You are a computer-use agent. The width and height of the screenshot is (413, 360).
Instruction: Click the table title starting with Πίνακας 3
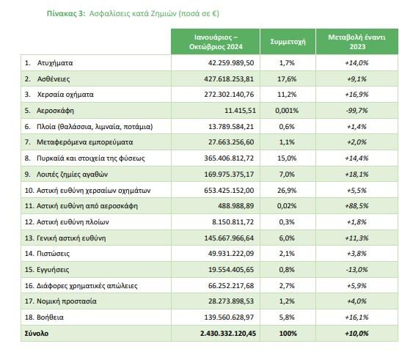tap(133, 13)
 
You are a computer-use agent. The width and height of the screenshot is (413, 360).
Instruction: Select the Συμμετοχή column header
tap(288, 42)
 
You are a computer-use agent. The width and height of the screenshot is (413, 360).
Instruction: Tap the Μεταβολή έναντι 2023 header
tap(357, 42)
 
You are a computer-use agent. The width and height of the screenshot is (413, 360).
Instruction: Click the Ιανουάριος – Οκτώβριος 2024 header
tap(216, 42)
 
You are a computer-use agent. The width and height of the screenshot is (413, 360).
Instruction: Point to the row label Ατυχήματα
tap(55, 63)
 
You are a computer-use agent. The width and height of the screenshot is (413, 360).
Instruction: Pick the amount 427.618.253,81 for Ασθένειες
tap(229, 79)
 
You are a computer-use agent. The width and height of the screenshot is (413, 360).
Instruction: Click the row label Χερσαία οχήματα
tap(65, 95)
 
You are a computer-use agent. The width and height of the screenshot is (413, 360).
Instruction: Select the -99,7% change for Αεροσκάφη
tap(357, 111)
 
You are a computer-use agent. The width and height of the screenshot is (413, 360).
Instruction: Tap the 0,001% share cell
tap(287, 111)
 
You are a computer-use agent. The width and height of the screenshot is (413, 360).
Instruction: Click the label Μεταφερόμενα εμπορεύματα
tap(85, 142)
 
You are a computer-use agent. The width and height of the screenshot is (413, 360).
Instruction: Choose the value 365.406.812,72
tap(229, 158)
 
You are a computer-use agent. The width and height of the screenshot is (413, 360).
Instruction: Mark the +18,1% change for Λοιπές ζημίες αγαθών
tap(357, 175)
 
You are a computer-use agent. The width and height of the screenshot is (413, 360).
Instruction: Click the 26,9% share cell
tap(287, 191)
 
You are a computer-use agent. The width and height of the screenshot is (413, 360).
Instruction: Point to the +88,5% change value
tap(357, 206)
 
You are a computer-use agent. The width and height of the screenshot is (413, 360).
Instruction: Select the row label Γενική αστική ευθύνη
tap(71, 238)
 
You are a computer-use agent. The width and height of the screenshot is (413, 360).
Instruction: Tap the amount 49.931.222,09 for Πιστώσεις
tap(231, 254)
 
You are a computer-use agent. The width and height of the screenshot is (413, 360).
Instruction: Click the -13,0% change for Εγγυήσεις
tap(357, 270)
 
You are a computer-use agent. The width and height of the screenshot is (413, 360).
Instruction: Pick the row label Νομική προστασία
tap(67, 301)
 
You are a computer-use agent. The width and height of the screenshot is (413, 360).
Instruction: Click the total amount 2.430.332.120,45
tap(228, 334)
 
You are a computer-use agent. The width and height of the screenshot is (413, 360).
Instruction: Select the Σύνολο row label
tap(37, 334)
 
